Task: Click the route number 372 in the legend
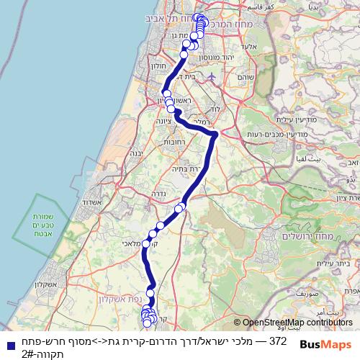tap(278, 340)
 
